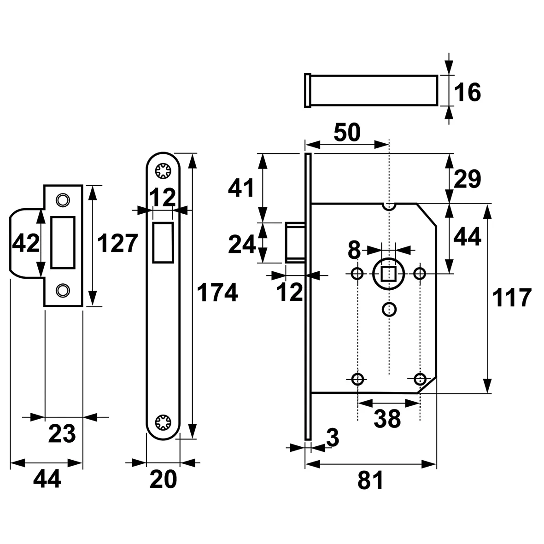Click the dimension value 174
217,293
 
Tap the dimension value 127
118,243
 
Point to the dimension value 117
512,298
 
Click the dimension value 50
346,133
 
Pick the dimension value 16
468,93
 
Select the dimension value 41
241,189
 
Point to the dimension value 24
242,244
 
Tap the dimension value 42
26,243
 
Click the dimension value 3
333,438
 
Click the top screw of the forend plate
163,171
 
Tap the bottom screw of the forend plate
163,422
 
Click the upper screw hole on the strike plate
62,199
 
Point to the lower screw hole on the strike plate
62,290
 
